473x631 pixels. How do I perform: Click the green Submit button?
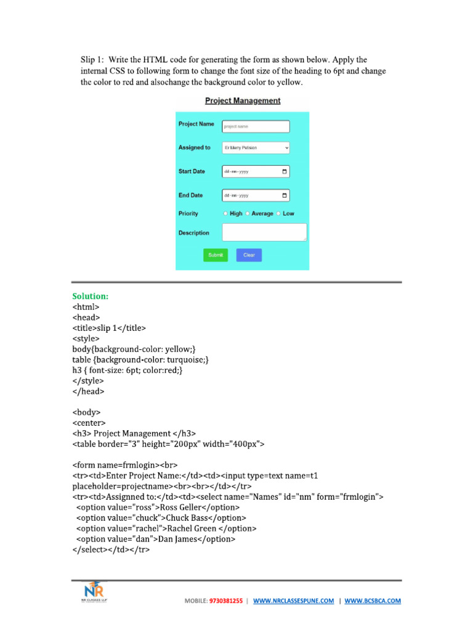tap(216, 254)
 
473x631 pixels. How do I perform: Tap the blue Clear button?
tap(249, 254)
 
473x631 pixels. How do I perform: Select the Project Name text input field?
tap(255, 126)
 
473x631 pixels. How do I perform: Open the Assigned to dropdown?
tap(255, 148)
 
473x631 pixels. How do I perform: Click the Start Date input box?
tap(255, 171)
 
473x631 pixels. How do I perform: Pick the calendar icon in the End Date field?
tap(284, 195)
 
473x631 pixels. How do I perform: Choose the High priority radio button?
tap(226, 214)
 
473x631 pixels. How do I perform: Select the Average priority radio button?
tap(248, 214)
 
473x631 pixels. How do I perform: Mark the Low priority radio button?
tap(278, 214)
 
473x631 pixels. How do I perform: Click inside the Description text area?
tap(264, 232)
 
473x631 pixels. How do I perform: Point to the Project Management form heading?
tap(243, 100)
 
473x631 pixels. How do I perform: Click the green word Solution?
tap(91, 296)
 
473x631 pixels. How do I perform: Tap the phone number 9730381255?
tap(226, 600)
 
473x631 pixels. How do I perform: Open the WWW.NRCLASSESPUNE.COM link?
tap(293, 600)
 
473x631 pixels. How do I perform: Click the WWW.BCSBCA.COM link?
tap(373, 600)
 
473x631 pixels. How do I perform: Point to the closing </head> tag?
tap(89, 391)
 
